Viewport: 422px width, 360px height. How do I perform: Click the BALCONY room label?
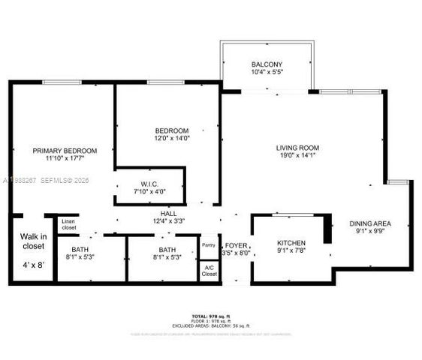coord(267,64)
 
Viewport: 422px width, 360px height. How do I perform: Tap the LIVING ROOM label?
coord(297,148)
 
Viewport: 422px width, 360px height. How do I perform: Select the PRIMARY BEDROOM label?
coord(62,151)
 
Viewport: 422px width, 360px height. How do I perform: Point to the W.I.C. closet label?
coord(148,184)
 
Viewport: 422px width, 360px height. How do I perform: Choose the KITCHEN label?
coord(291,243)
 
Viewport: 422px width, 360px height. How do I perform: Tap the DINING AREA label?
coord(369,223)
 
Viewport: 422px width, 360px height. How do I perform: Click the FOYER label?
coord(237,244)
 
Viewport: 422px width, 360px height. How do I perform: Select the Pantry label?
coord(209,244)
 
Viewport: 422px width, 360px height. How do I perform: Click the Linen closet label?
coord(68,223)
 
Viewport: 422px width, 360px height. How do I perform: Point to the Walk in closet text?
coord(32,241)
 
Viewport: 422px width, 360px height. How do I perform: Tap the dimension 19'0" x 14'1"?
coord(297,157)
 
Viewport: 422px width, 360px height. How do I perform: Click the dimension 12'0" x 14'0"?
coord(171,139)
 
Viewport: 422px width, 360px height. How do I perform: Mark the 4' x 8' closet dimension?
coord(32,265)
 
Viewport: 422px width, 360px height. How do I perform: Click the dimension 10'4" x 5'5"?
coord(267,73)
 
